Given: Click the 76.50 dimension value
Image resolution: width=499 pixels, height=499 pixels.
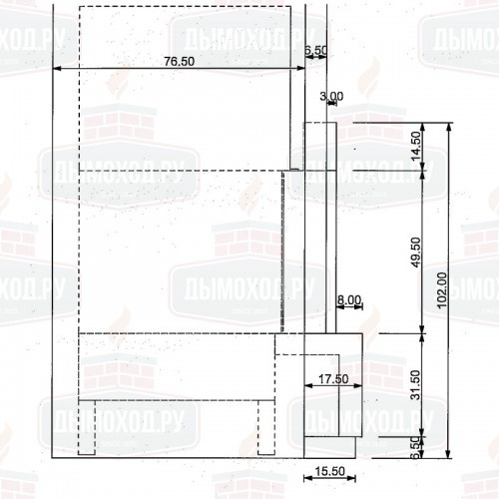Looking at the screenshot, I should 179,61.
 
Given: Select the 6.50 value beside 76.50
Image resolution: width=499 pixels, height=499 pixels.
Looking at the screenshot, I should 314,48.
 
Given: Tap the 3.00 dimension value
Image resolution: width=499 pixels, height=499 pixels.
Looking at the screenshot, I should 331,96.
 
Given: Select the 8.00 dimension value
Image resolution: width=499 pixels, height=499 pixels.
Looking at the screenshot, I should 348,299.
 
